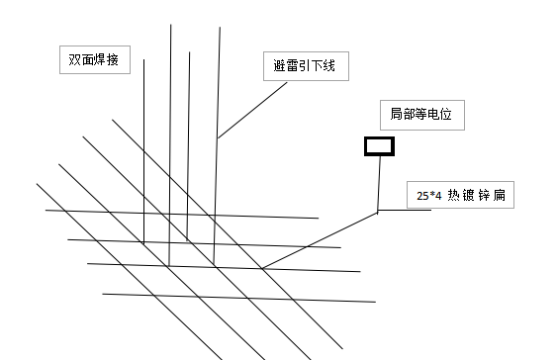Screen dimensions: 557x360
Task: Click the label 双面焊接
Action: coord(94,60)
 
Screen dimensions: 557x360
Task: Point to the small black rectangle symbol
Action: coord(379,146)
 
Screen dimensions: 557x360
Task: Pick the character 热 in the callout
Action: coord(454,195)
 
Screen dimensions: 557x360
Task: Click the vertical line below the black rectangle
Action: coord(379,183)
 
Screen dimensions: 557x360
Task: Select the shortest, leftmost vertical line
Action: coord(144,148)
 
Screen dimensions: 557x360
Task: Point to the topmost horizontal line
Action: coord(178,214)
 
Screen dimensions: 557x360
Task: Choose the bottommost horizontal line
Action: coord(237,297)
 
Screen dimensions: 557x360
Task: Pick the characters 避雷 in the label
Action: coord(284,67)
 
